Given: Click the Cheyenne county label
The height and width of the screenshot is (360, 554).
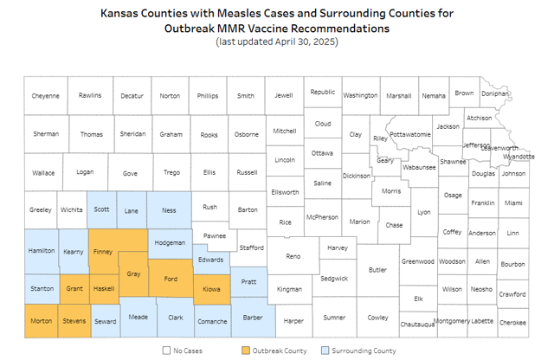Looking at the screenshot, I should tap(46, 96).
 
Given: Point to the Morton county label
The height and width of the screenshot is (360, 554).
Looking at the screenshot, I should tap(41, 321).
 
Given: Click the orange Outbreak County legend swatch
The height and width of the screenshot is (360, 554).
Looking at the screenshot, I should tap(246, 350).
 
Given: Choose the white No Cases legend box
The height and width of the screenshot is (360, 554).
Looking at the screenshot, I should tap(166, 350).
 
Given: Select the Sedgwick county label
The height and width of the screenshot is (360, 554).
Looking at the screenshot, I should tap(333, 279).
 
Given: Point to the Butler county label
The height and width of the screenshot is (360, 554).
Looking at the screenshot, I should tap(377, 270).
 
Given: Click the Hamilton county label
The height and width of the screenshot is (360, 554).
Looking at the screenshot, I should tap(41, 250).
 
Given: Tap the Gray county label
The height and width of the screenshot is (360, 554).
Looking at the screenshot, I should tap(133, 273).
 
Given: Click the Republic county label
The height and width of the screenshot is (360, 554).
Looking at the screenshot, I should tap(322, 92).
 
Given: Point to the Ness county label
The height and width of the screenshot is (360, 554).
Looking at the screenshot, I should tap(169, 209).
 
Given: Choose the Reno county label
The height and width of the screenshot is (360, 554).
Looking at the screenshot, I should tap(293, 256).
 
